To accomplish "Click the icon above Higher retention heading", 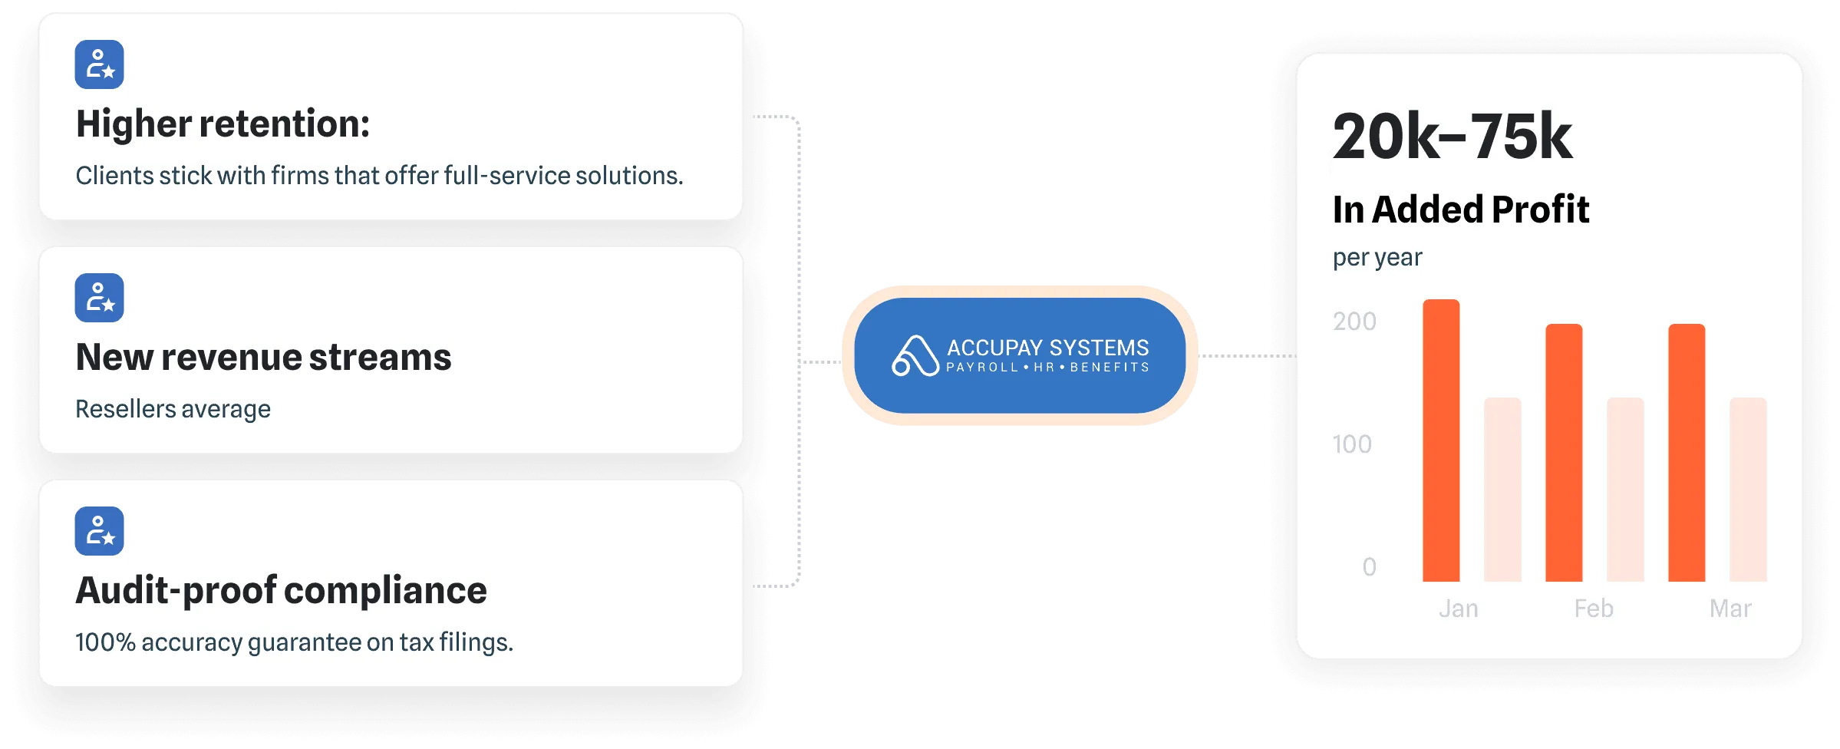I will click(x=99, y=64).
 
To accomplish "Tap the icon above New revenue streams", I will click(x=99, y=298).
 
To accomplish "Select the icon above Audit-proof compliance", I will click(x=99, y=531).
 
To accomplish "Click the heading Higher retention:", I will click(x=223, y=124).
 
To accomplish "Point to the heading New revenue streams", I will click(x=263, y=358).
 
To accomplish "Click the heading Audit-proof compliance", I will click(x=281, y=591).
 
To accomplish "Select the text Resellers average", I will click(x=173, y=409).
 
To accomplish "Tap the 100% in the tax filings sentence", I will click(x=105, y=642).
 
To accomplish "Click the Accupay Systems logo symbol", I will click(x=915, y=356).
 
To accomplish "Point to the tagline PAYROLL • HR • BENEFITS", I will click(x=1047, y=368).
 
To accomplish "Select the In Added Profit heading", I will click(x=1460, y=210).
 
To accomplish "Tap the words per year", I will click(x=1377, y=258).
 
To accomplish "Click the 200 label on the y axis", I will click(x=1354, y=322).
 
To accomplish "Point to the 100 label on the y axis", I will click(x=1351, y=444).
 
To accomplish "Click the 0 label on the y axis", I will click(x=1369, y=567).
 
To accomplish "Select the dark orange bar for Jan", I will click(x=1441, y=441).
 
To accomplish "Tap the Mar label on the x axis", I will click(x=1730, y=609).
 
